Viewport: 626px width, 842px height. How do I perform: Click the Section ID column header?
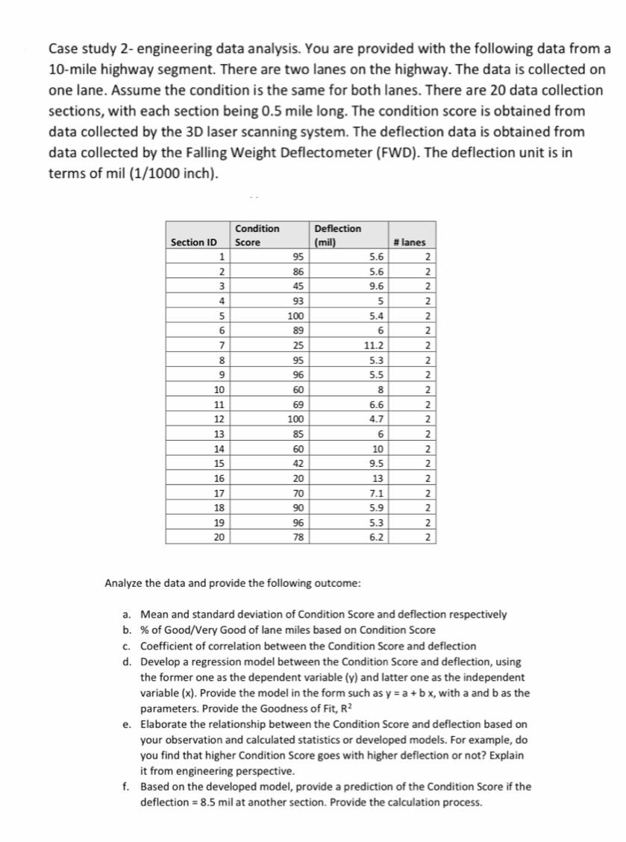[x=194, y=242]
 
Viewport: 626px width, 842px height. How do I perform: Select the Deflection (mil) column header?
[x=337, y=235]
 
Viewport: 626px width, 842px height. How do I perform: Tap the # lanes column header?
[x=413, y=242]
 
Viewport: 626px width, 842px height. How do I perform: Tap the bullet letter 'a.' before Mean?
[x=128, y=615]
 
